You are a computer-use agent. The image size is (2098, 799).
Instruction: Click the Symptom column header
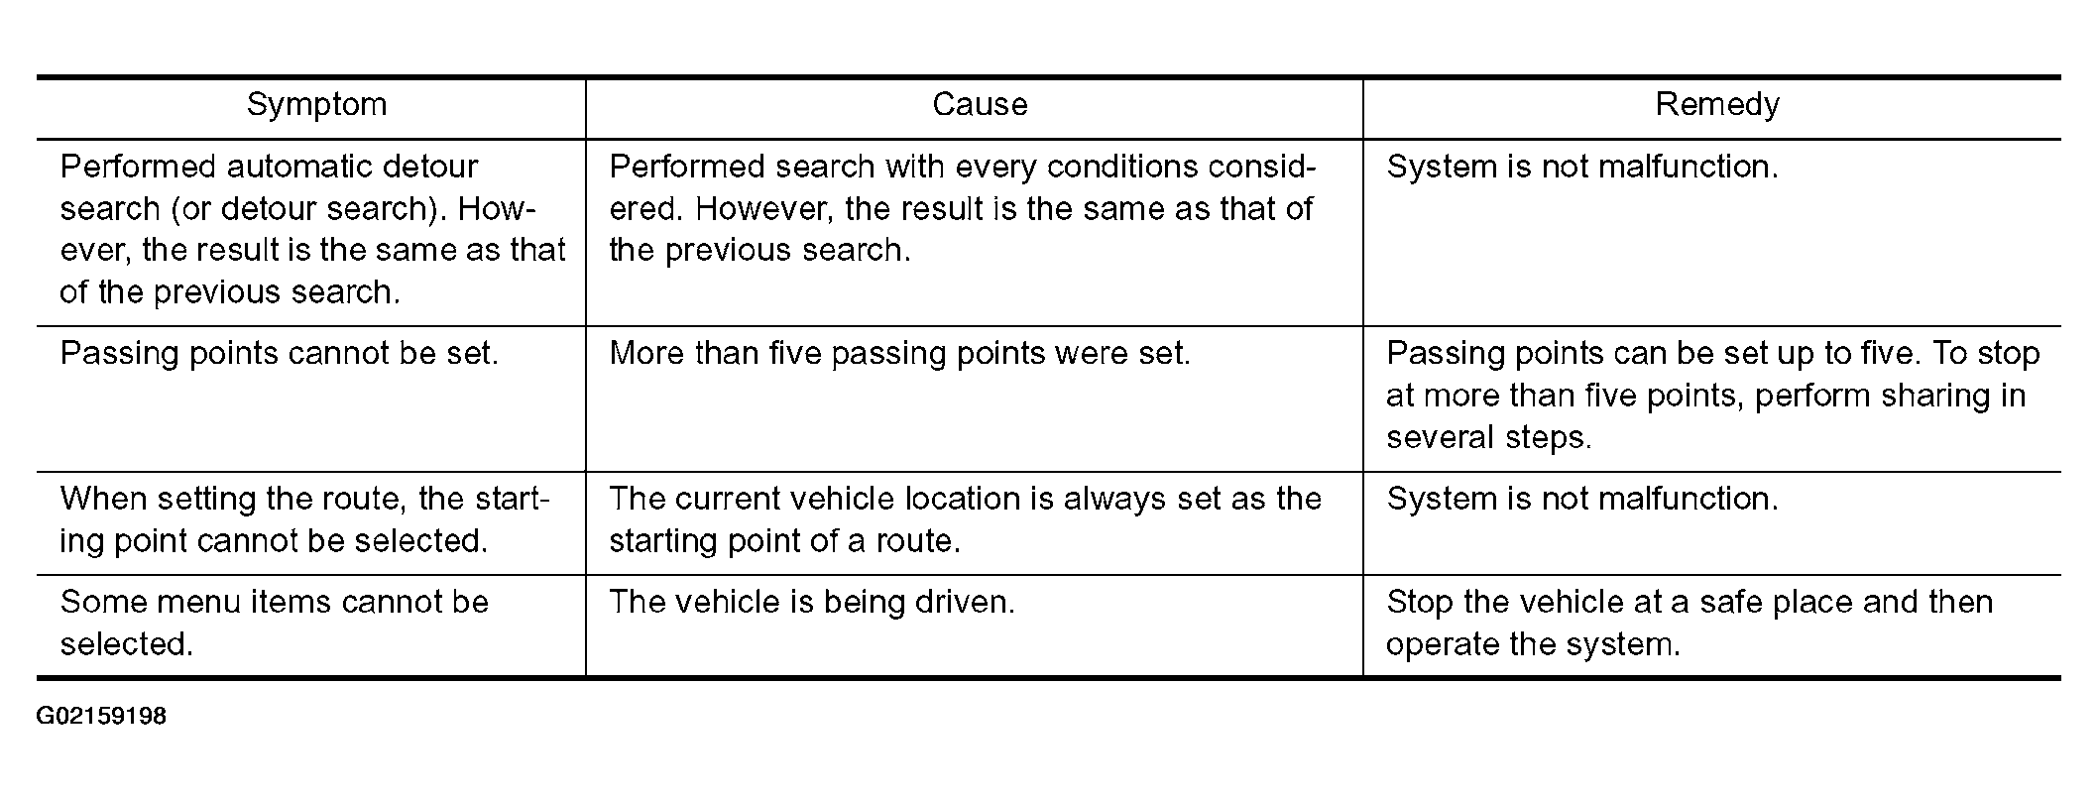[316, 105]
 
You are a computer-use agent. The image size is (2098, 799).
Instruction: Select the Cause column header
[979, 105]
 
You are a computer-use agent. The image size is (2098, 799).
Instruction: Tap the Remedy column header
[1716, 105]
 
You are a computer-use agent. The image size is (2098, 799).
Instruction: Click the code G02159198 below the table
[101, 716]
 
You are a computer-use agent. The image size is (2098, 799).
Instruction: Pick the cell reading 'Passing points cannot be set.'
[279, 354]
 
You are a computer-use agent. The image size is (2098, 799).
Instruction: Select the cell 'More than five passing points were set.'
[899, 354]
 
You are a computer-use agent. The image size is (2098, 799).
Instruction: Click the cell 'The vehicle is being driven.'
[812, 603]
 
